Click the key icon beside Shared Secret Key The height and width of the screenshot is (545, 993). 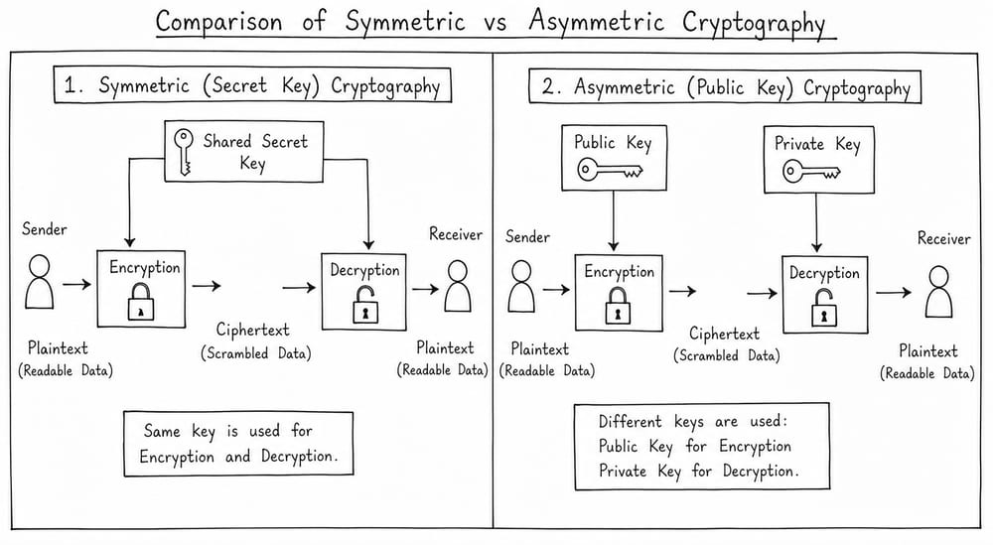point(184,152)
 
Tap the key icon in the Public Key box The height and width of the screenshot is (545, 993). point(610,170)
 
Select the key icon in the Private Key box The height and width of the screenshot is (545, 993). point(811,171)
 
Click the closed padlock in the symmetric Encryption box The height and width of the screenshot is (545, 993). point(141,301)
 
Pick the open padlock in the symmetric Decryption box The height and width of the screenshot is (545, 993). point(365,304)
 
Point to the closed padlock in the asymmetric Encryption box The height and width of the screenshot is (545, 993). point(618,306)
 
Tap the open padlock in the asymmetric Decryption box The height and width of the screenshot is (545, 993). point(824,308)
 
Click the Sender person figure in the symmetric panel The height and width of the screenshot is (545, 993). point(40,282)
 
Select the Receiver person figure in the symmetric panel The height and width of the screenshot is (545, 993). point(457,286)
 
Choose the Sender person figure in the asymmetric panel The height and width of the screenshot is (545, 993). point(521,286)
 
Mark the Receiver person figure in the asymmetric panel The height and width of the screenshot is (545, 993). point(938,291)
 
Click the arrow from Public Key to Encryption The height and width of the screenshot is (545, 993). point(613,220)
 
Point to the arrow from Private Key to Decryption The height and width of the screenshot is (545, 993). point(816,222)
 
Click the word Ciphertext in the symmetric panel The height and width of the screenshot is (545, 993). point(252,330)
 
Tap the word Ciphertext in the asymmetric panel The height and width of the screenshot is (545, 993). point(724,334)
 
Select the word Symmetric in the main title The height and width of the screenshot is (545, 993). point(405,22)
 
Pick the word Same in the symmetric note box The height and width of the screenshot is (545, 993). point(162,431)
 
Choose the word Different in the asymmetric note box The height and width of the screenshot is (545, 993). point(631,422)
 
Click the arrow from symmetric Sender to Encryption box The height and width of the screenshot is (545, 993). point(76,284)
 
